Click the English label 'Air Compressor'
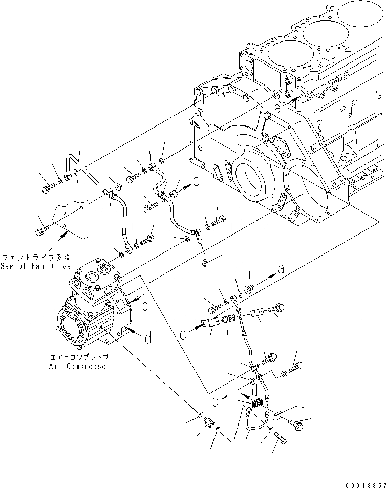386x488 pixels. click(79, 366)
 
